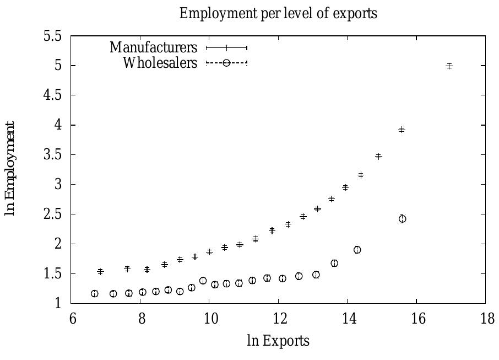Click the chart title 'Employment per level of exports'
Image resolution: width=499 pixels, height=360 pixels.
[278, 14]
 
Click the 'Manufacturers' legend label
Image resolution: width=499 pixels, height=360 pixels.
[153, 47]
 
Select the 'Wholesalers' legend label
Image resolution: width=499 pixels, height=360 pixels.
[160, 63]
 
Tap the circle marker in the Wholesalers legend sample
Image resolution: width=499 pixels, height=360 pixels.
[226, 63]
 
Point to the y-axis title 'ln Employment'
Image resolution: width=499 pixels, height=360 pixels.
[10, 169]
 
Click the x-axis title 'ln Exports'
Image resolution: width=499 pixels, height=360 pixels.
[278, 341]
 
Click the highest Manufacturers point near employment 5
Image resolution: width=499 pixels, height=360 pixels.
[449, 66]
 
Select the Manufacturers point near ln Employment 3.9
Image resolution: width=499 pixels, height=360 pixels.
[402, 130]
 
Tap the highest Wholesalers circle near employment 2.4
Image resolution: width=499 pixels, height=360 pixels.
[403, 219]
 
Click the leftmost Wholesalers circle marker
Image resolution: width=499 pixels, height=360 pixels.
[95, 294]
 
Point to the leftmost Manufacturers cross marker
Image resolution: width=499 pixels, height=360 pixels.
[100, 271]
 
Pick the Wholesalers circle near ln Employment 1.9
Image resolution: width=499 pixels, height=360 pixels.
[357, 250]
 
